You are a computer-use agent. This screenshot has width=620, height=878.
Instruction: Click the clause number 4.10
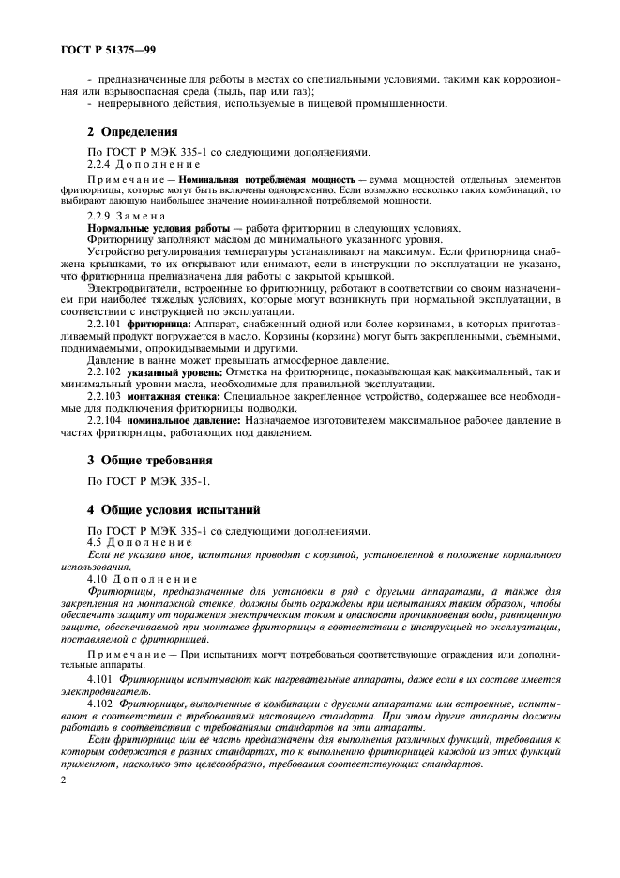(98, 580)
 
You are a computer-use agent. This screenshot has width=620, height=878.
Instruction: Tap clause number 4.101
(100, 677)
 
